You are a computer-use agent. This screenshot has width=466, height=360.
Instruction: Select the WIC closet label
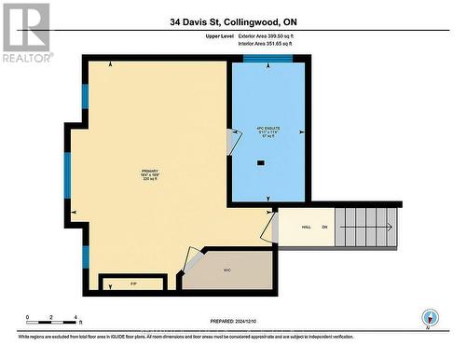click(x=226, y=271)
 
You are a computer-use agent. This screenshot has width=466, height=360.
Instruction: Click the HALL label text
click(x=306, y=228)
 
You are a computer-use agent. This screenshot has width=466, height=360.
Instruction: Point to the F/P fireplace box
click(x=132, y=281)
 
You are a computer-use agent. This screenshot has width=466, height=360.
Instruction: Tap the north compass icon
click(x=430, y=316)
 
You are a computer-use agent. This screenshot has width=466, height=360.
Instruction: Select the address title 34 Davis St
click(x=232, y=21)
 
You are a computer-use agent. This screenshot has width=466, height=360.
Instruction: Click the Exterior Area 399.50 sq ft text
click(x=280, y=35)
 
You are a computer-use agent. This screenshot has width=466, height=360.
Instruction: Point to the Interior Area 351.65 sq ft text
click(x=280, y=43)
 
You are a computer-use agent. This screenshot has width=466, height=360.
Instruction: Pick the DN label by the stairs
click(x=325, y=228)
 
